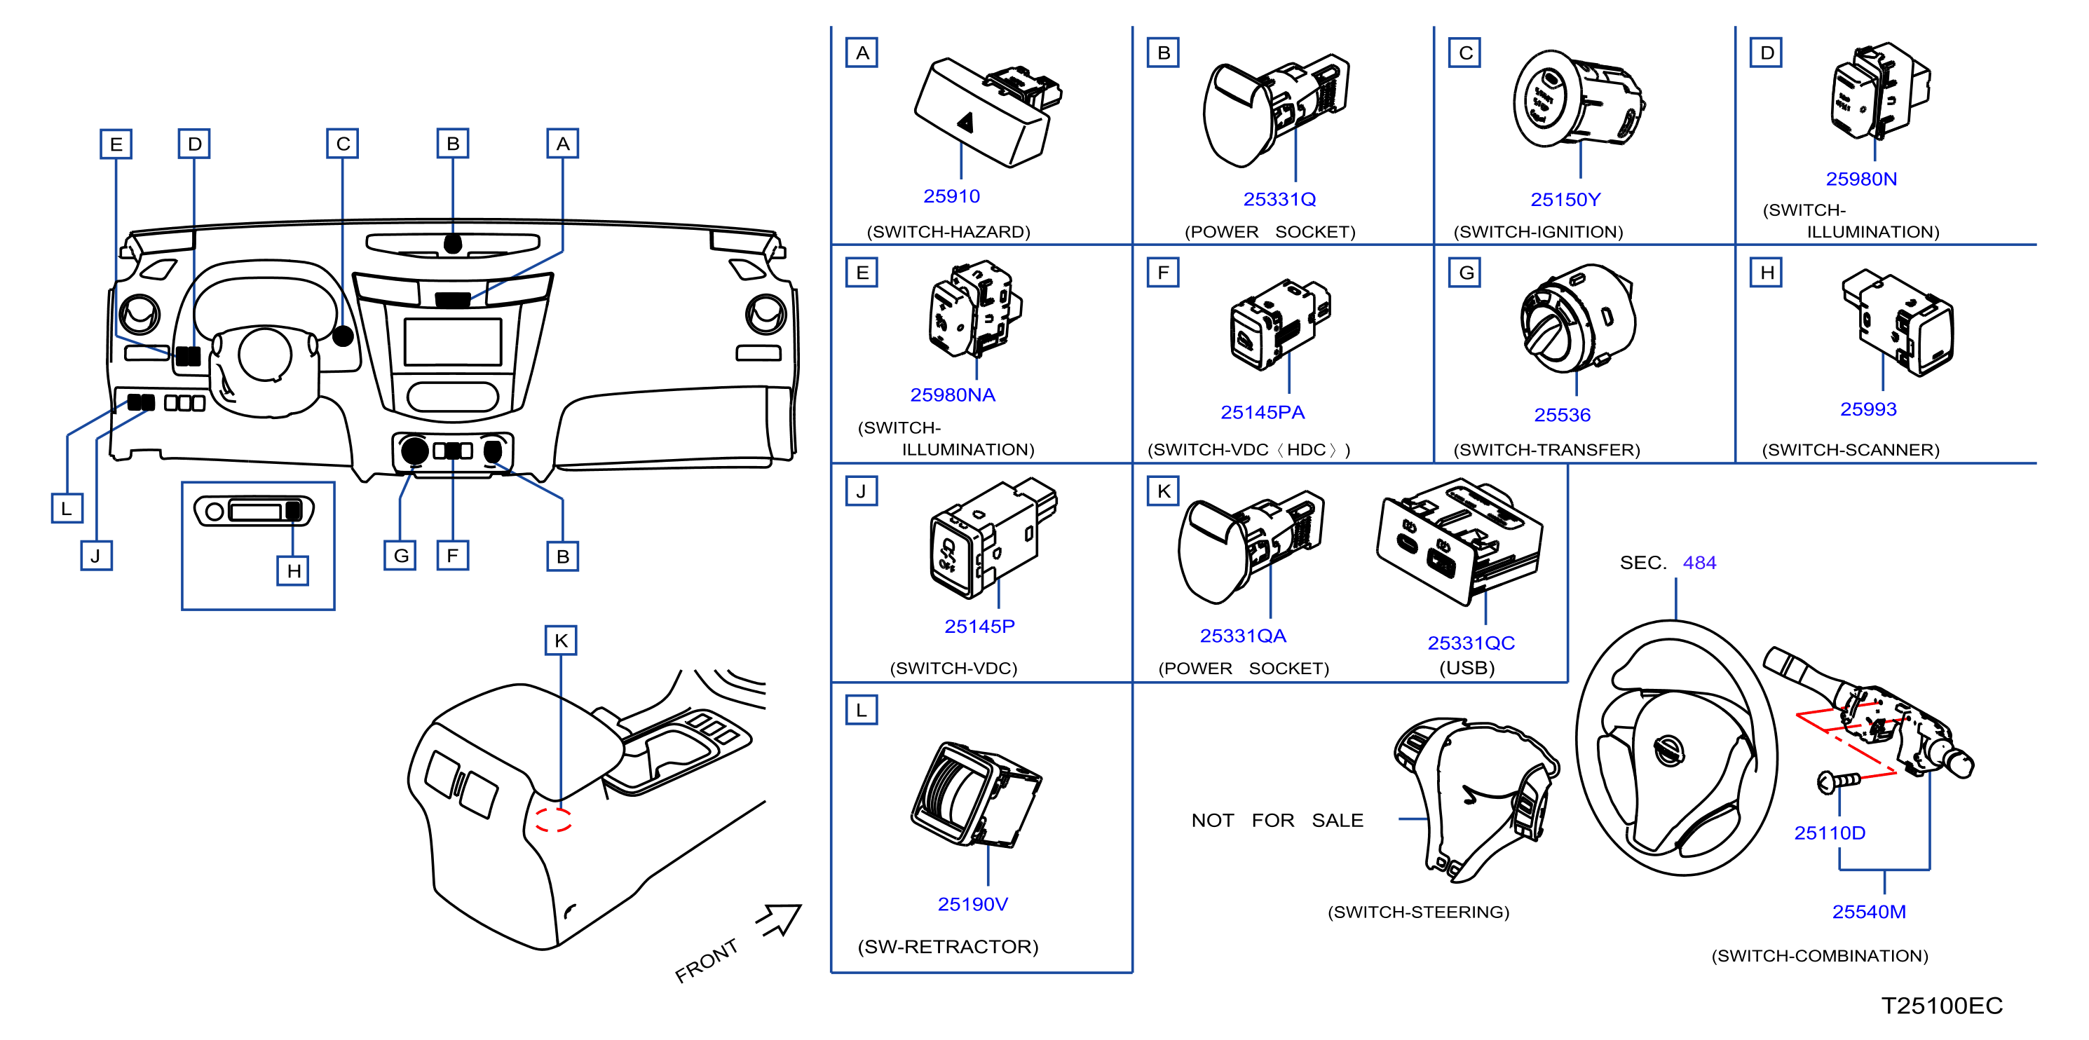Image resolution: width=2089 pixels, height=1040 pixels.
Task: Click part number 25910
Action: (x=951, y=196)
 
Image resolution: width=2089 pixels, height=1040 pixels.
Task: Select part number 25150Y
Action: (x=1565, y=200)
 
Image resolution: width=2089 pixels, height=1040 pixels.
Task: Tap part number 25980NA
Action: (x=952, y=395)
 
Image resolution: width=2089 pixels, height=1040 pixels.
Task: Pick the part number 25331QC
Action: (x=1471, y=643)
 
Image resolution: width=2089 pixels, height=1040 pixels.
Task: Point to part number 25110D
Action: (x=1830, y=833)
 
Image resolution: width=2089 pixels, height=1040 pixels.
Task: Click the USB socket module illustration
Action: (x=1459, y=542)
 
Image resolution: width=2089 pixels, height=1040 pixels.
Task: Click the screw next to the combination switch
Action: (x=1837, y=781)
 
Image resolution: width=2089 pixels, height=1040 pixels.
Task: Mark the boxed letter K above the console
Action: (x=560, y=641)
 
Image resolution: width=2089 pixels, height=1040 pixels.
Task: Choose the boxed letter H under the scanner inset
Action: (x=294, y=570)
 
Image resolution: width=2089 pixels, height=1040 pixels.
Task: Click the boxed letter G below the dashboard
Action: (x=400, y=555)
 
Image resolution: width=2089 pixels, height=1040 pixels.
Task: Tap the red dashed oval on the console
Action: (x=553, y=819)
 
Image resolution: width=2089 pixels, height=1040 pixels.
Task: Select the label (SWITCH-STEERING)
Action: (x=1418, y=912)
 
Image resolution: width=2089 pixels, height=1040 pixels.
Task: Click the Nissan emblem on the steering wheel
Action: (x=1669, y=750)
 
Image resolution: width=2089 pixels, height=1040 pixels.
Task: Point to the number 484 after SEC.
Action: (x=1699, y=563)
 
